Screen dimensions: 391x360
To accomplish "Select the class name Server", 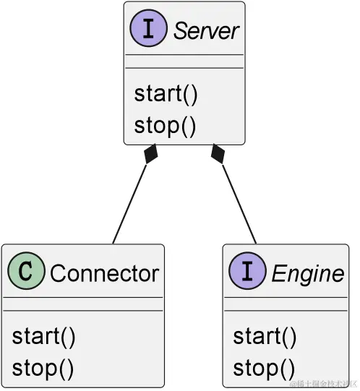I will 205,31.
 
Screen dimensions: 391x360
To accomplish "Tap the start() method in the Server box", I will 166,94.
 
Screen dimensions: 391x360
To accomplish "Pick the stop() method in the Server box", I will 165,125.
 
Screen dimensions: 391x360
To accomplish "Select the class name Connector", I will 104,274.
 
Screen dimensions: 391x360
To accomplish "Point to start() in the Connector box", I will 43,337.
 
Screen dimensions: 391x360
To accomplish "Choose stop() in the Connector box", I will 43,368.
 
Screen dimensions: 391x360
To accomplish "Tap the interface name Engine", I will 307,274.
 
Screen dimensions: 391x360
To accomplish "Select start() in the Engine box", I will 265,337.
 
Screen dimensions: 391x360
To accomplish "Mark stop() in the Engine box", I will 264,368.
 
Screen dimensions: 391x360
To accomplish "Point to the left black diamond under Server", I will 150,154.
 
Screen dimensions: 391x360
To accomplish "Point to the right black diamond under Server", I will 217,154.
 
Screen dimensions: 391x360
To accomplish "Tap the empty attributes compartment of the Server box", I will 184,61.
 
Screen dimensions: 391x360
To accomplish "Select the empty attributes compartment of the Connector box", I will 83,304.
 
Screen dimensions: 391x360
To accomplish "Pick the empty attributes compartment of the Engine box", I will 286,304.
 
